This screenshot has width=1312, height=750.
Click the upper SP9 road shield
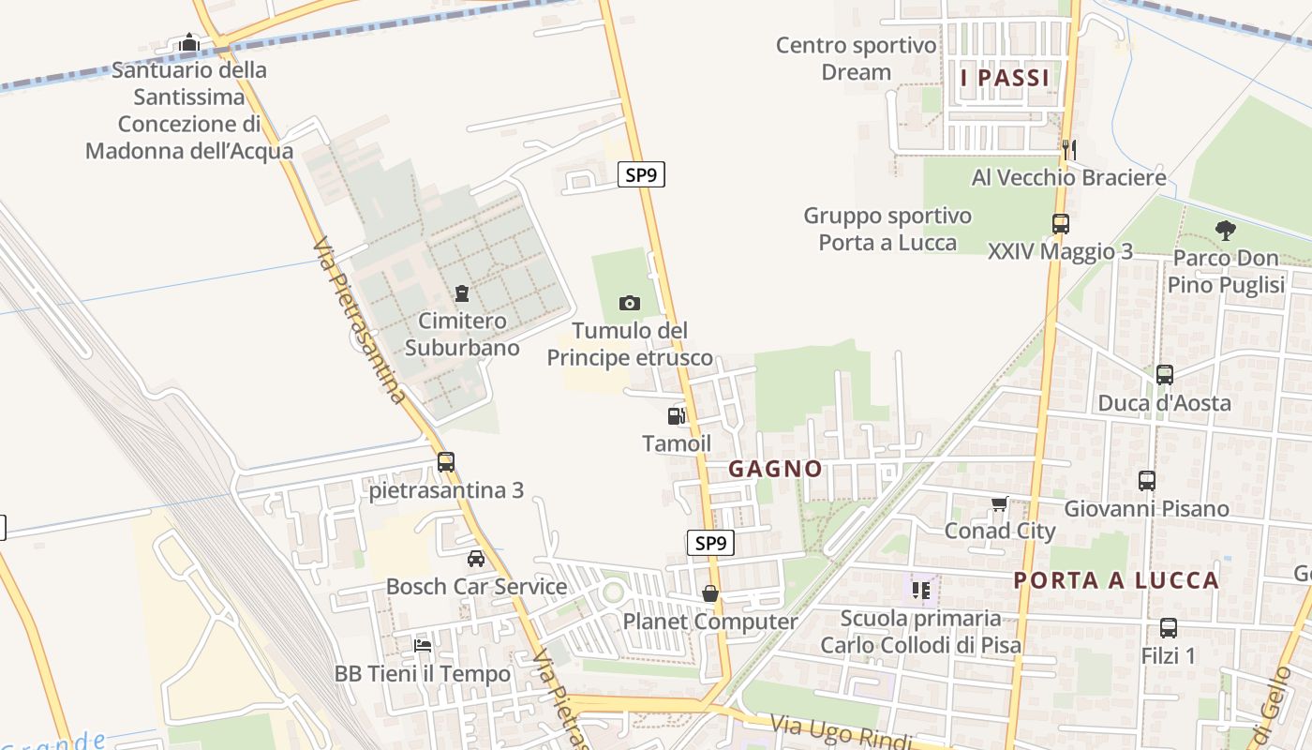pyautogui.click(x=641, y=174)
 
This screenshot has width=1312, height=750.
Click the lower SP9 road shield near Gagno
pyautogui.click(x=710, y=543)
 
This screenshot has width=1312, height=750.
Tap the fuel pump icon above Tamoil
pyautogui.click(x=677, y=416)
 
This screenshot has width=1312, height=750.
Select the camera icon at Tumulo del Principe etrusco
pyautogui.click(x=630, y=303)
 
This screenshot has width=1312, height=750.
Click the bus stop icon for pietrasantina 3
pyautogui.click(x=446, y=462)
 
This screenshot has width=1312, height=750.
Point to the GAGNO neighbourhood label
pyautogui.click(x=775, y=469)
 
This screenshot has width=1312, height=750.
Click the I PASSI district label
pyautogui.click(x=1006, y=78)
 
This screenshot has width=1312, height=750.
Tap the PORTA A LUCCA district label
pyautogui.click(x=1116, y=580)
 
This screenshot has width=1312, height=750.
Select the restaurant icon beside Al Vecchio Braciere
pyautogui.click(x=1068, y=149)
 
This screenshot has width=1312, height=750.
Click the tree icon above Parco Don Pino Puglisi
pyautogui.click(x=1225, y=230)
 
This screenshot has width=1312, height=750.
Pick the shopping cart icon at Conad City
pyautogui.click(x=999, y=504)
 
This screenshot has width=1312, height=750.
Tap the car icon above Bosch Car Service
pyautogui.click(x=476, y=559)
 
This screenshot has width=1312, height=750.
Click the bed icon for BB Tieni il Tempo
pyautogui.click(x=424, y=646)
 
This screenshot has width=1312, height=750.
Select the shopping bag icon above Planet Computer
pyautogui.click(x=710, y=594)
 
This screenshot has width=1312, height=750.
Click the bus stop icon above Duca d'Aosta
pyautogui.click(x=1165, y=375)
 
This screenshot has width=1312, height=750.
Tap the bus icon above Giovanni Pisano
pyautogui.click(x=1147, y=481)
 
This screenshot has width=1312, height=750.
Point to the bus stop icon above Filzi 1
pyautogui.click(x=1169, y=628)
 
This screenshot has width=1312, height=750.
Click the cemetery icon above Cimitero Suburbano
pyautogui.click(x=461, y=294)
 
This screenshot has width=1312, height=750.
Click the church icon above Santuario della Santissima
pyautogui.click(x=189, y=42)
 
